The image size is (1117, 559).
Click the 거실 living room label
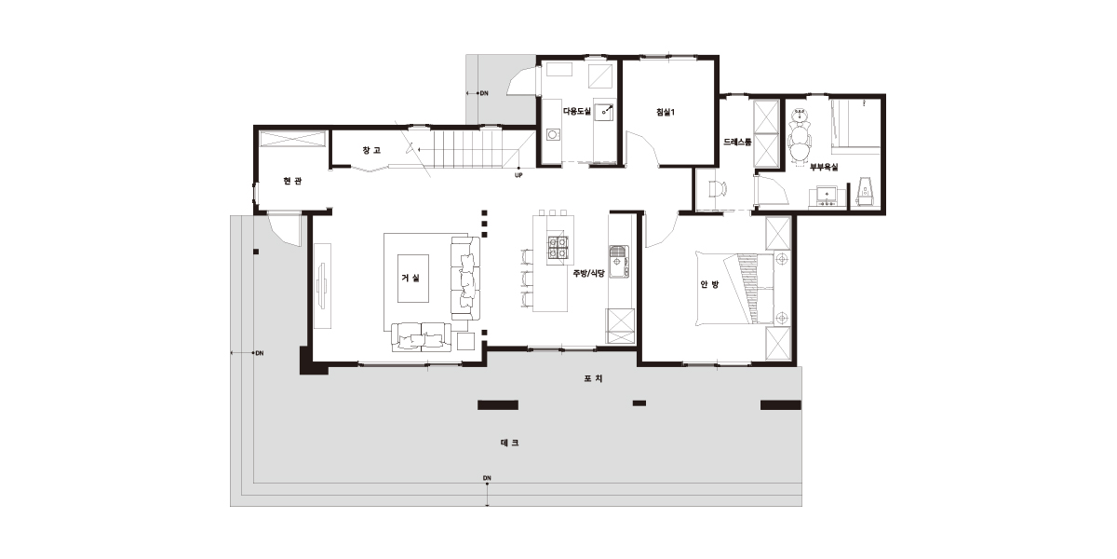coord(410,278)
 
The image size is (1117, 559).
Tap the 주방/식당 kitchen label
coord(588,273)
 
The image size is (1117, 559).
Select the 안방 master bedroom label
coord(709,284)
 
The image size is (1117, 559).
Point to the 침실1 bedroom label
coord(666,113)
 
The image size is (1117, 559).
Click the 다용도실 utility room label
coord(576,111)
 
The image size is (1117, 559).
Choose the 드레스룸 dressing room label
coord(737,142)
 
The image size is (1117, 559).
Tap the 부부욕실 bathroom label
coord(824,167)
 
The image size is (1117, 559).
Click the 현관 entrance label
coord(292,181)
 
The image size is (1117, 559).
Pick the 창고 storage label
coord(371,150)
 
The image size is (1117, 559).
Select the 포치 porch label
coord(594,378)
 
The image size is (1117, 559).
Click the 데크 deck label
coord(509,443)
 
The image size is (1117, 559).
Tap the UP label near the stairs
coord(518,175)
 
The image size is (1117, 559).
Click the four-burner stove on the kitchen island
coord(558,248)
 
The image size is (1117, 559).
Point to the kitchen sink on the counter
coord(619,262)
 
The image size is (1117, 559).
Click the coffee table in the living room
coord(413,278)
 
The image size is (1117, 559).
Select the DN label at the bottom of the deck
coord(487,478)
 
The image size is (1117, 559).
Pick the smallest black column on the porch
coord(639,403)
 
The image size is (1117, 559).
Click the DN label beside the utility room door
coord(484,93)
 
